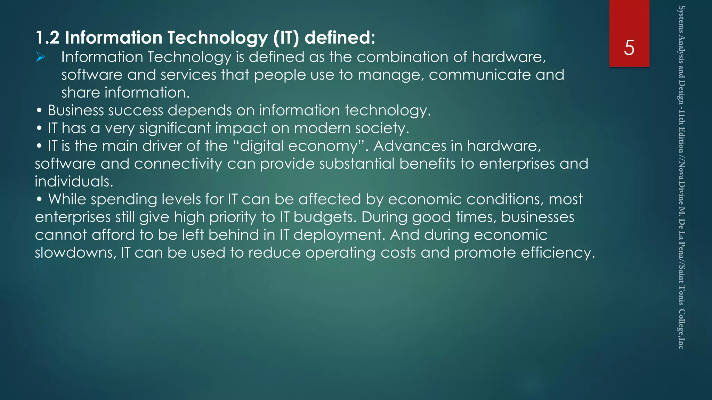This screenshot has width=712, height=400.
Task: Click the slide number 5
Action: (x=629, y=48)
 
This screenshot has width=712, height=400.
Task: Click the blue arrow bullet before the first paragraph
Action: (x=41, y=57)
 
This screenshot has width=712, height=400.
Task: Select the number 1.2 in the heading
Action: (x=48, y=37)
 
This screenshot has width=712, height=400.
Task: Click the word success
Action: (x=135, y=110)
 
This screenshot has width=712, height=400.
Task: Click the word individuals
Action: (x=74, y=182)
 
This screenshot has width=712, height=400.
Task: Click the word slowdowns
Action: (x=75, y=253)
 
